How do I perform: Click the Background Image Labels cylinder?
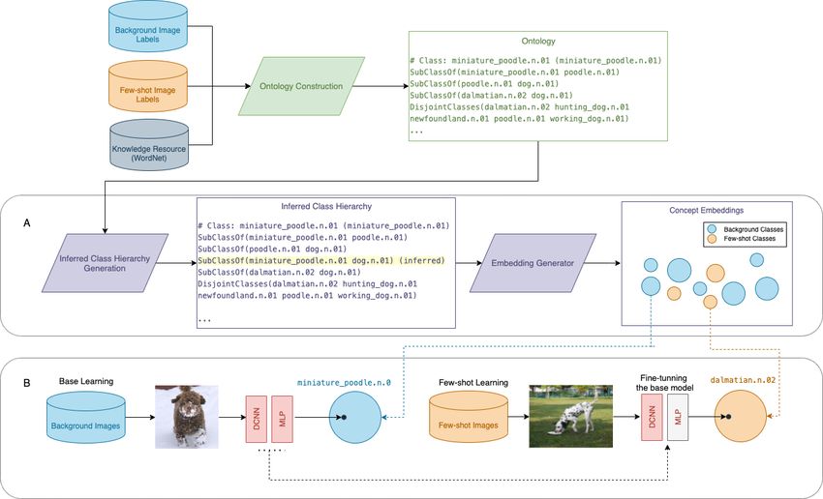[x=147, y=27]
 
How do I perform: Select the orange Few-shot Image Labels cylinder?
[x=147, y=86]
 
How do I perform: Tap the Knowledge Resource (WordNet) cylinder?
[x=149, y=145]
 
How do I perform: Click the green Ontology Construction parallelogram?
[x=301, y=86]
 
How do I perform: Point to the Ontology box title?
[x=538, y=41]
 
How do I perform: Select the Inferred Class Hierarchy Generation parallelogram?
[x=105, y=263]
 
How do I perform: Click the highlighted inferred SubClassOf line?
[x=321, y=260]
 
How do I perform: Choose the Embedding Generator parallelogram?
[x=533, y=263]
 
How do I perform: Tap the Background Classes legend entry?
[x=746, y=229]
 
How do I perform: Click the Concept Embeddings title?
[x=707, y=210]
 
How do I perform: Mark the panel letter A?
[x=27, y=223]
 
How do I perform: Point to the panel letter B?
[x=27, y=383]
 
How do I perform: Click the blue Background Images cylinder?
[x=85, y=417]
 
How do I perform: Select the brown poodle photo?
[x=186, y=417]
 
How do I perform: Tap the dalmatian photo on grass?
[x=570, y=416]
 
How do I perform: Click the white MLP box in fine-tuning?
[x=678, y=417]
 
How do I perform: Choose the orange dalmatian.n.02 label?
[x=743, y=380]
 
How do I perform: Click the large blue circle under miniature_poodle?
[x=355, y=417]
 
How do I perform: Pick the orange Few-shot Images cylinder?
[x=469, y=417]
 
